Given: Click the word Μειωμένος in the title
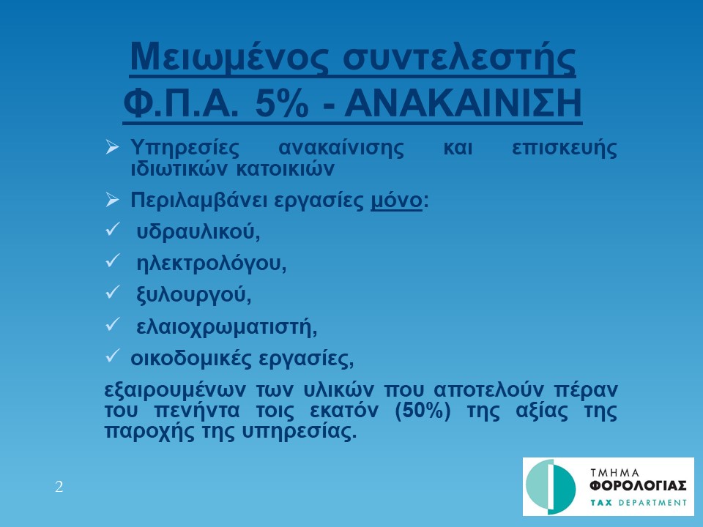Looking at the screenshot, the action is [228, 57].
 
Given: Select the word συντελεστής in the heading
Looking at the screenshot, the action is [459, 57].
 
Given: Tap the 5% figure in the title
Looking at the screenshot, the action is [281, 103].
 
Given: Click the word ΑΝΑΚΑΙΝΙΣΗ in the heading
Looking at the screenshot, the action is [463, 103].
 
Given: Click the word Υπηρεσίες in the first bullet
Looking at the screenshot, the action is [185, 148].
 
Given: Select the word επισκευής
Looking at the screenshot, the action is [565, 148].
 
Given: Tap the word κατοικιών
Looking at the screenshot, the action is [285, 169].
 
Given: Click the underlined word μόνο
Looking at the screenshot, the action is [396, 201].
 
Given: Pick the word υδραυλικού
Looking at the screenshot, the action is [198, 232].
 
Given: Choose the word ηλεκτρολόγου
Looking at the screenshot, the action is [211, 263].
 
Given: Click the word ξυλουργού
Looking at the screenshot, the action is [193, 294].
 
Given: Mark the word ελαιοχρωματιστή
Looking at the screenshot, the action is [227, 326].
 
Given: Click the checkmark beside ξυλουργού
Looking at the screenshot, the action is [112, 292].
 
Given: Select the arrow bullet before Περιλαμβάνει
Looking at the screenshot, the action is [112, 199].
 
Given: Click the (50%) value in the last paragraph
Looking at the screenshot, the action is [423, 411].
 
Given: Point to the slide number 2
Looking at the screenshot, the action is [59, 487].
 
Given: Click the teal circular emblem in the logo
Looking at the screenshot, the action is [551, 487].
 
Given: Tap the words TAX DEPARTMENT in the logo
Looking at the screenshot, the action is [639, 502].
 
